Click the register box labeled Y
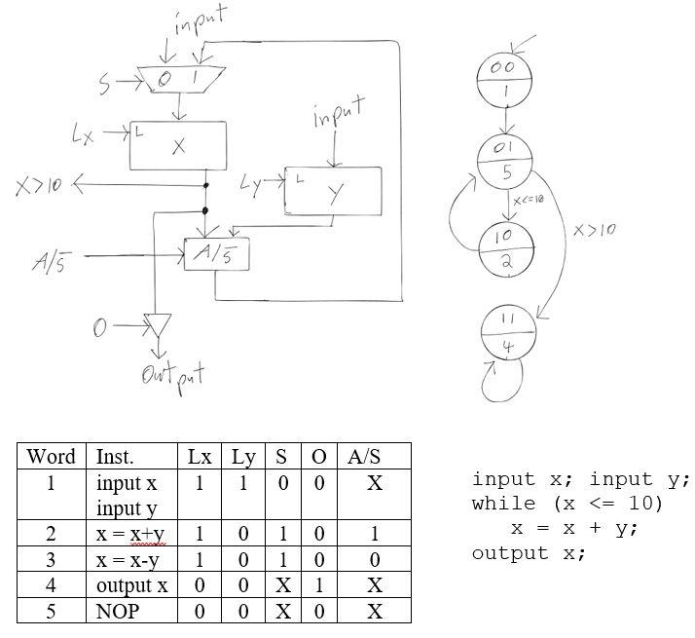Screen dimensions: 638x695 [333, 191]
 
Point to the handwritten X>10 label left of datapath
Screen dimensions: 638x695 [36, 184]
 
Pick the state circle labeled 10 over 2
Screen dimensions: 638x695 [504, 250]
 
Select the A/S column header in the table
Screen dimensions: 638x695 [373, 456]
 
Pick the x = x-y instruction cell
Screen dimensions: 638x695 [128, 560]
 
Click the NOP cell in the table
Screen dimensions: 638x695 [118, 611]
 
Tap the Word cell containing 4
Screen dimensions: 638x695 [52, 585]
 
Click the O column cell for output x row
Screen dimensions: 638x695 [318, 585]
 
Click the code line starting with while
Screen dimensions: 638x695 [567, 504]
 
